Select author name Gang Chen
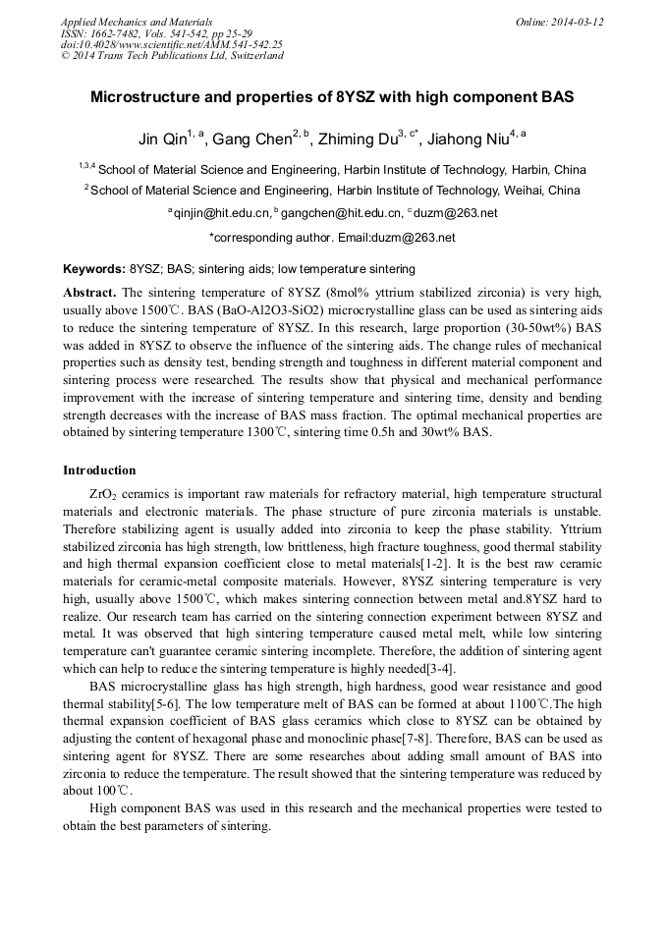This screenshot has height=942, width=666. point(250,139)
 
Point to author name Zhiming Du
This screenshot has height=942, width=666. point(354,139)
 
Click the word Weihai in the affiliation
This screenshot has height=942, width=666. point(527,191)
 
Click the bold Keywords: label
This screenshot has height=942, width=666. point(93,269)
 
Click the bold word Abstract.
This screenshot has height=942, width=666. point(89,293)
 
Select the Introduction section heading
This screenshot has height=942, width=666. point(99,471)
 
